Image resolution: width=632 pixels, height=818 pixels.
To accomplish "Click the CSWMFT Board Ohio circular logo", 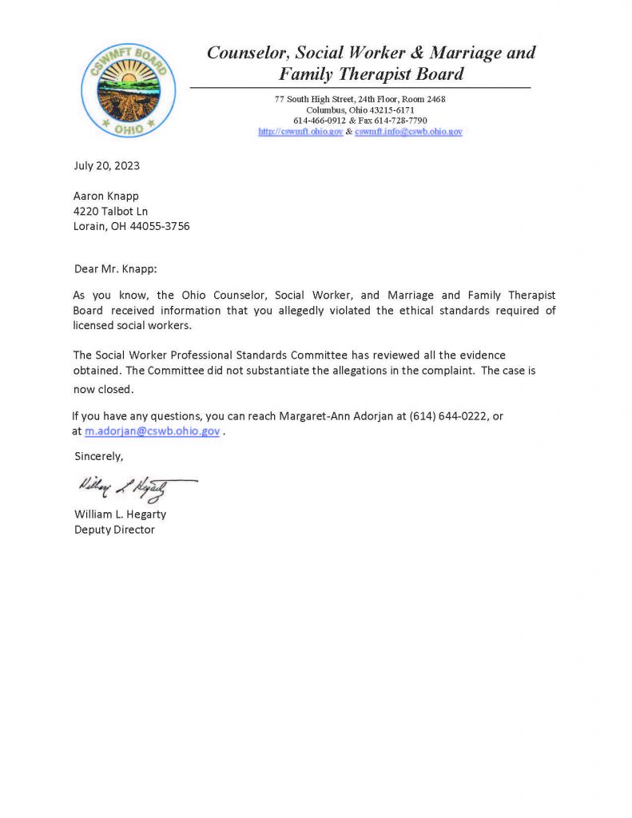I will [x=129, y=90].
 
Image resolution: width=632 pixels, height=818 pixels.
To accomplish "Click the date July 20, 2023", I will [x=107, y=166].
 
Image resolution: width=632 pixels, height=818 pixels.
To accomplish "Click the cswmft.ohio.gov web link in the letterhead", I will [x=300, y=132].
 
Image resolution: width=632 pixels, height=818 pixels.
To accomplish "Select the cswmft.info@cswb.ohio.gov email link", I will [x=408, y=132].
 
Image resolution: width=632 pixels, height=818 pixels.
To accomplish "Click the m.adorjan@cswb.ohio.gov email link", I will [x=152, y=431].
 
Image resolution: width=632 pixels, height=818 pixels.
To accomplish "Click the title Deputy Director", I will [x=114, y=530].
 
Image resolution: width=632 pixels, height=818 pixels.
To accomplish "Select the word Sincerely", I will [x=99, y=457].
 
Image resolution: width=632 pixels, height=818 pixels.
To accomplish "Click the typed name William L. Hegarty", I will [x=120, y=514].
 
